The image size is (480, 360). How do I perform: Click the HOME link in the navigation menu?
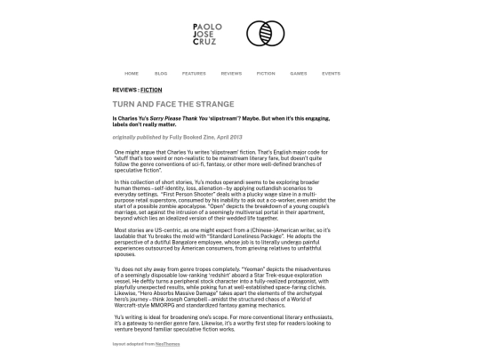132,73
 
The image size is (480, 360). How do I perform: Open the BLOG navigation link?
161,73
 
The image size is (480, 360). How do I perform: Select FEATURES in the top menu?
194,73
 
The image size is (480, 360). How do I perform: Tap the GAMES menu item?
299,73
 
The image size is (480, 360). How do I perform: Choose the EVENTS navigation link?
331,73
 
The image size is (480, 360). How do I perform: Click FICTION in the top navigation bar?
266,73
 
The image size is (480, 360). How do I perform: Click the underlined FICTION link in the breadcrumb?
151,90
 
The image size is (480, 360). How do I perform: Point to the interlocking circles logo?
265,34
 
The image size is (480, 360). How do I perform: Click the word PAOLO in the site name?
204,26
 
